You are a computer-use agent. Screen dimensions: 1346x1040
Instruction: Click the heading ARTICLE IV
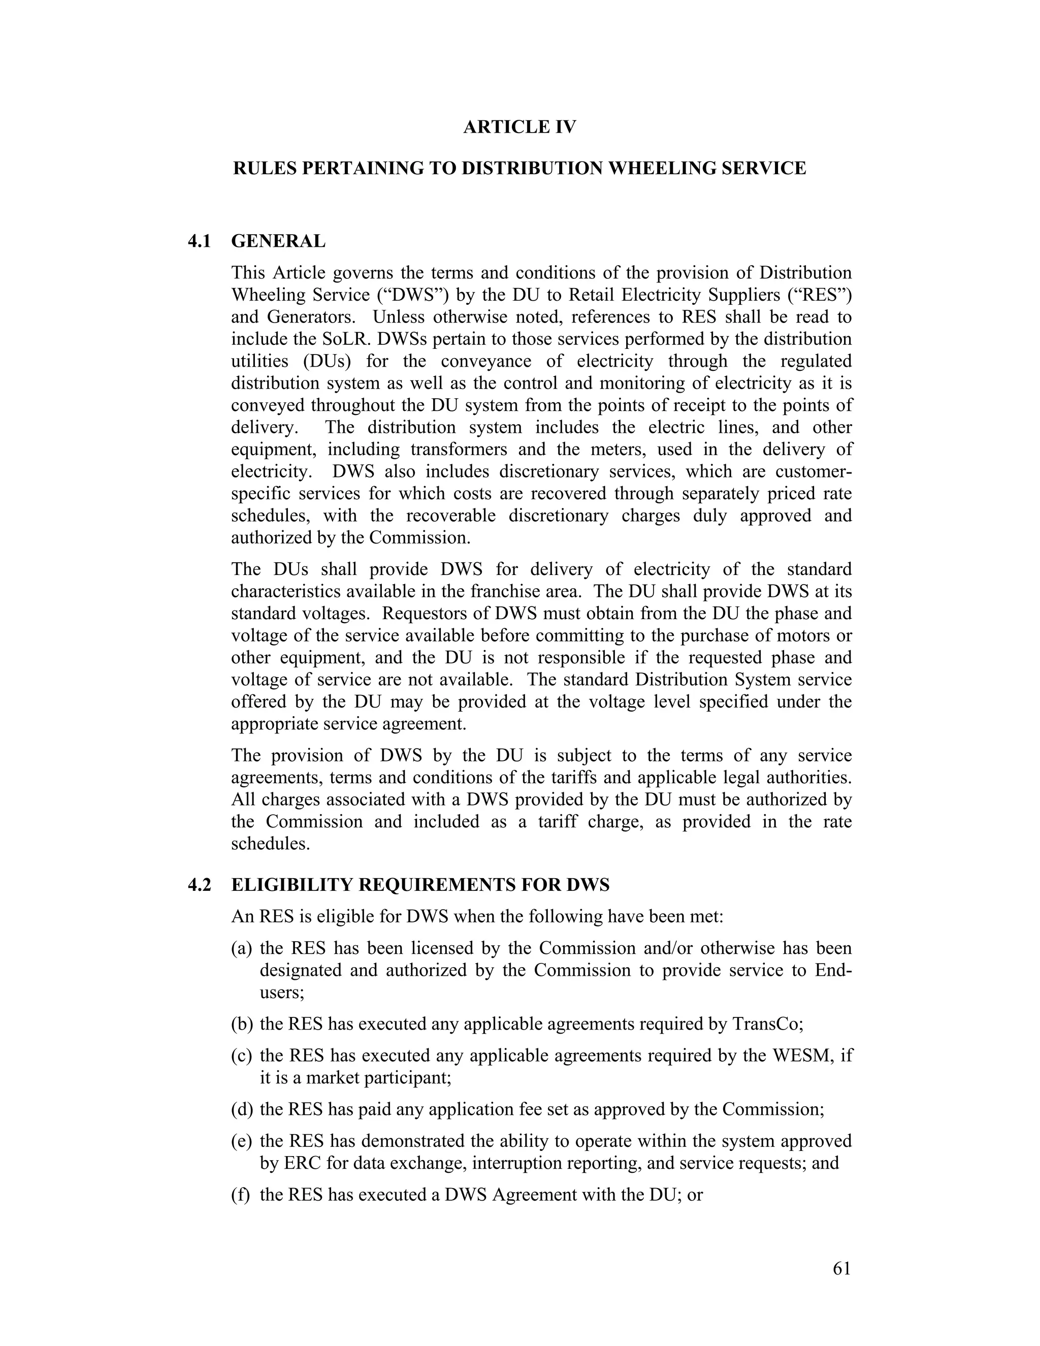point(519,127)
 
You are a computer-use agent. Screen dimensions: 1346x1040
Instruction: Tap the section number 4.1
point(199,241)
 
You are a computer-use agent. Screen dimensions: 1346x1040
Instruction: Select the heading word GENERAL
point(278,241)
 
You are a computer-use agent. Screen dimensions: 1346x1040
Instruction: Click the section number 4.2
point(199,885)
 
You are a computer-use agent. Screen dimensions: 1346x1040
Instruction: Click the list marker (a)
point(242,948)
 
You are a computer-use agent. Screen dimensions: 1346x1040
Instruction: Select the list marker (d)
point(242,1109)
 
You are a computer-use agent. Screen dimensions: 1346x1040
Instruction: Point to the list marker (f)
point(240,1195)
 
